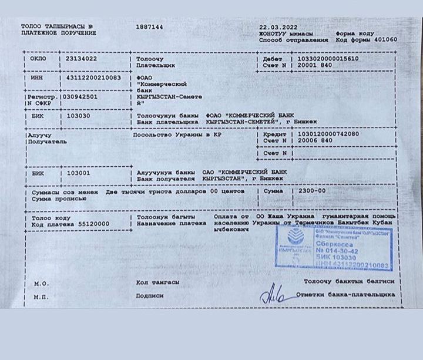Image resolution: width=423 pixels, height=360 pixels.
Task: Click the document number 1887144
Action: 149,27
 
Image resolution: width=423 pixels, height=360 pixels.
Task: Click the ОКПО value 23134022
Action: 81,59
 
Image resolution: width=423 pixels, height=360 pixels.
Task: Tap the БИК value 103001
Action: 79,173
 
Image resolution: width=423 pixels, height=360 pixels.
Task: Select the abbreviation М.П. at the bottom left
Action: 41,297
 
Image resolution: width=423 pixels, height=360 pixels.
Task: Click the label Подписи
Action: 150,296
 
